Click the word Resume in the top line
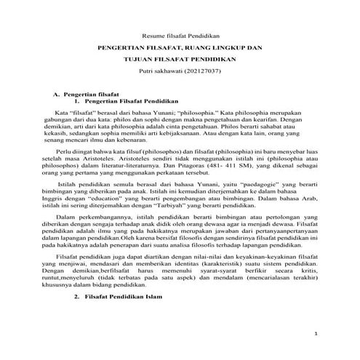tap(151, 34)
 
